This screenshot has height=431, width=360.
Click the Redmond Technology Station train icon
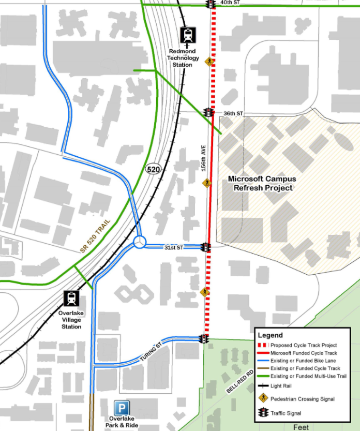pyautogui.click(x=187, y=35)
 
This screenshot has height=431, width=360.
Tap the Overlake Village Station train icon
pyautogui.click(x=71, y=299)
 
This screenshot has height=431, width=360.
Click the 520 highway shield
pyautogui.click(x=153, y=169)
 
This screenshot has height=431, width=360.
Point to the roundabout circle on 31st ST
pyautogui.click(x=140, y=242)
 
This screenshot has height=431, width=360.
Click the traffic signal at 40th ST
pyautogui.click(x=210, y=4)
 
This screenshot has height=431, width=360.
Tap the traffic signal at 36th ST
pyautogui.click(x=208, y=112)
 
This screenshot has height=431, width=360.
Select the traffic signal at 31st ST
pyautogui.click(x=206, y=247)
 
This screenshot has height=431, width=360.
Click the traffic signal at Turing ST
pyautogui.click(x=204, y=339)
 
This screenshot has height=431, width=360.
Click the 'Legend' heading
pyautogui.click(x=270, y=335)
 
